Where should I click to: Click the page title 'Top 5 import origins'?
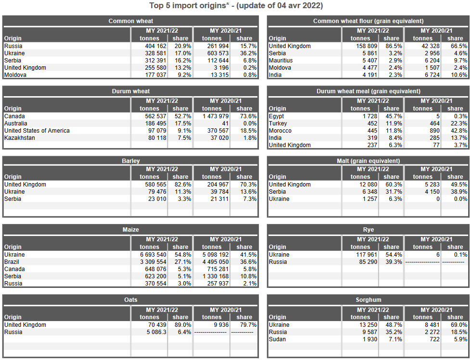[236, 6]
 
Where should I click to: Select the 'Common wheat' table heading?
[131, 21]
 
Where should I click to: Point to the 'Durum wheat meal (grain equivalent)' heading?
[368, 91]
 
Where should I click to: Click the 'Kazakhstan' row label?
[20, 138]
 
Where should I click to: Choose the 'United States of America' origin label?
[37, 131]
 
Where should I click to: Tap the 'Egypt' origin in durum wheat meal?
[276, 116]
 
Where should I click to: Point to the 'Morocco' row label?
[280, 131]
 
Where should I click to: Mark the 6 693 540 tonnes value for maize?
[150, 255]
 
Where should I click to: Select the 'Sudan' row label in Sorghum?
[277, 339]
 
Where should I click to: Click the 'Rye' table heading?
[368, 230]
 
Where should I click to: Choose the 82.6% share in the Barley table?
[182, 185]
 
